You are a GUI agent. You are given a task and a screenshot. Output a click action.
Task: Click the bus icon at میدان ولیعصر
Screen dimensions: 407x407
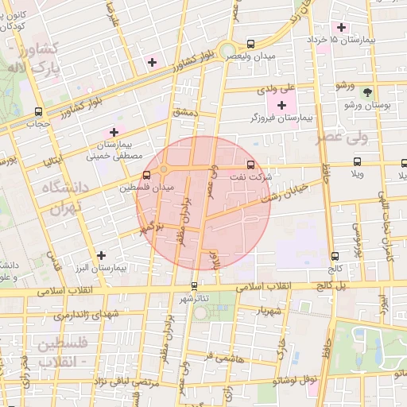click(251, 45)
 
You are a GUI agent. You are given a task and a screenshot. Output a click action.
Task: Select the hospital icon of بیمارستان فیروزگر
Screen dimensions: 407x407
click(281, 105)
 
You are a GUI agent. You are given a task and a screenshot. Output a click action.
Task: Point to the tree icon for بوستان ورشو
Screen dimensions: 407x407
click(366, 92)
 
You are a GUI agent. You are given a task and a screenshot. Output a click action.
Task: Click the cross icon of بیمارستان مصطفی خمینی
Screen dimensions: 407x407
click(113, 132)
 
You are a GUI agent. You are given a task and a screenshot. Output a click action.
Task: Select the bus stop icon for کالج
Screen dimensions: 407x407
click(334, 256)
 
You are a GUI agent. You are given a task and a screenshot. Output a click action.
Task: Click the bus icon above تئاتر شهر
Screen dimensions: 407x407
click(194, 285)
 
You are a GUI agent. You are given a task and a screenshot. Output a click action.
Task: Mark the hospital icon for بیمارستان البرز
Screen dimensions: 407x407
click(100, 255)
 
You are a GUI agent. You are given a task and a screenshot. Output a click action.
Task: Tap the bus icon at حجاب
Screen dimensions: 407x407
click(38, 112)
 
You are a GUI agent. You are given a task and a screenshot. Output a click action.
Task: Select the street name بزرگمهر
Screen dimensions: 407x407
click(148, 229)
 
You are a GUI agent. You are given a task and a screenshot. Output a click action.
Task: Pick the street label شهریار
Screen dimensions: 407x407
click(269, 311)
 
